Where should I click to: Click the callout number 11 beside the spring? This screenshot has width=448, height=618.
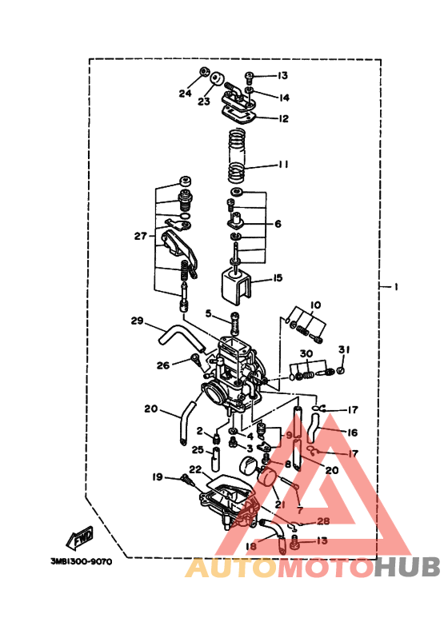point(283,165)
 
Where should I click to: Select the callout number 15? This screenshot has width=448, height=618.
point(277,278)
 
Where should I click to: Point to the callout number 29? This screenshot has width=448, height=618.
point(138,321)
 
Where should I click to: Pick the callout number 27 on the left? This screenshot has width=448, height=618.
point(141,236)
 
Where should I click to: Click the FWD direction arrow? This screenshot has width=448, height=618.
point(81,540)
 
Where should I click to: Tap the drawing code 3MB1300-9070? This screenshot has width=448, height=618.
point(81,561)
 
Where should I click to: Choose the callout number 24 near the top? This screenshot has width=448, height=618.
point(185,94)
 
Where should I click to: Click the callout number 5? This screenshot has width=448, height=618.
point(207,314)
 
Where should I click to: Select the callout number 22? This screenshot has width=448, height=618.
point(195,469)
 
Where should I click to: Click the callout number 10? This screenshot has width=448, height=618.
point(315,305)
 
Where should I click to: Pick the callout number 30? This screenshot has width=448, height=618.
point(306,353)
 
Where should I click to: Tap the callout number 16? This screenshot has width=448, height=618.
point(353,432)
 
